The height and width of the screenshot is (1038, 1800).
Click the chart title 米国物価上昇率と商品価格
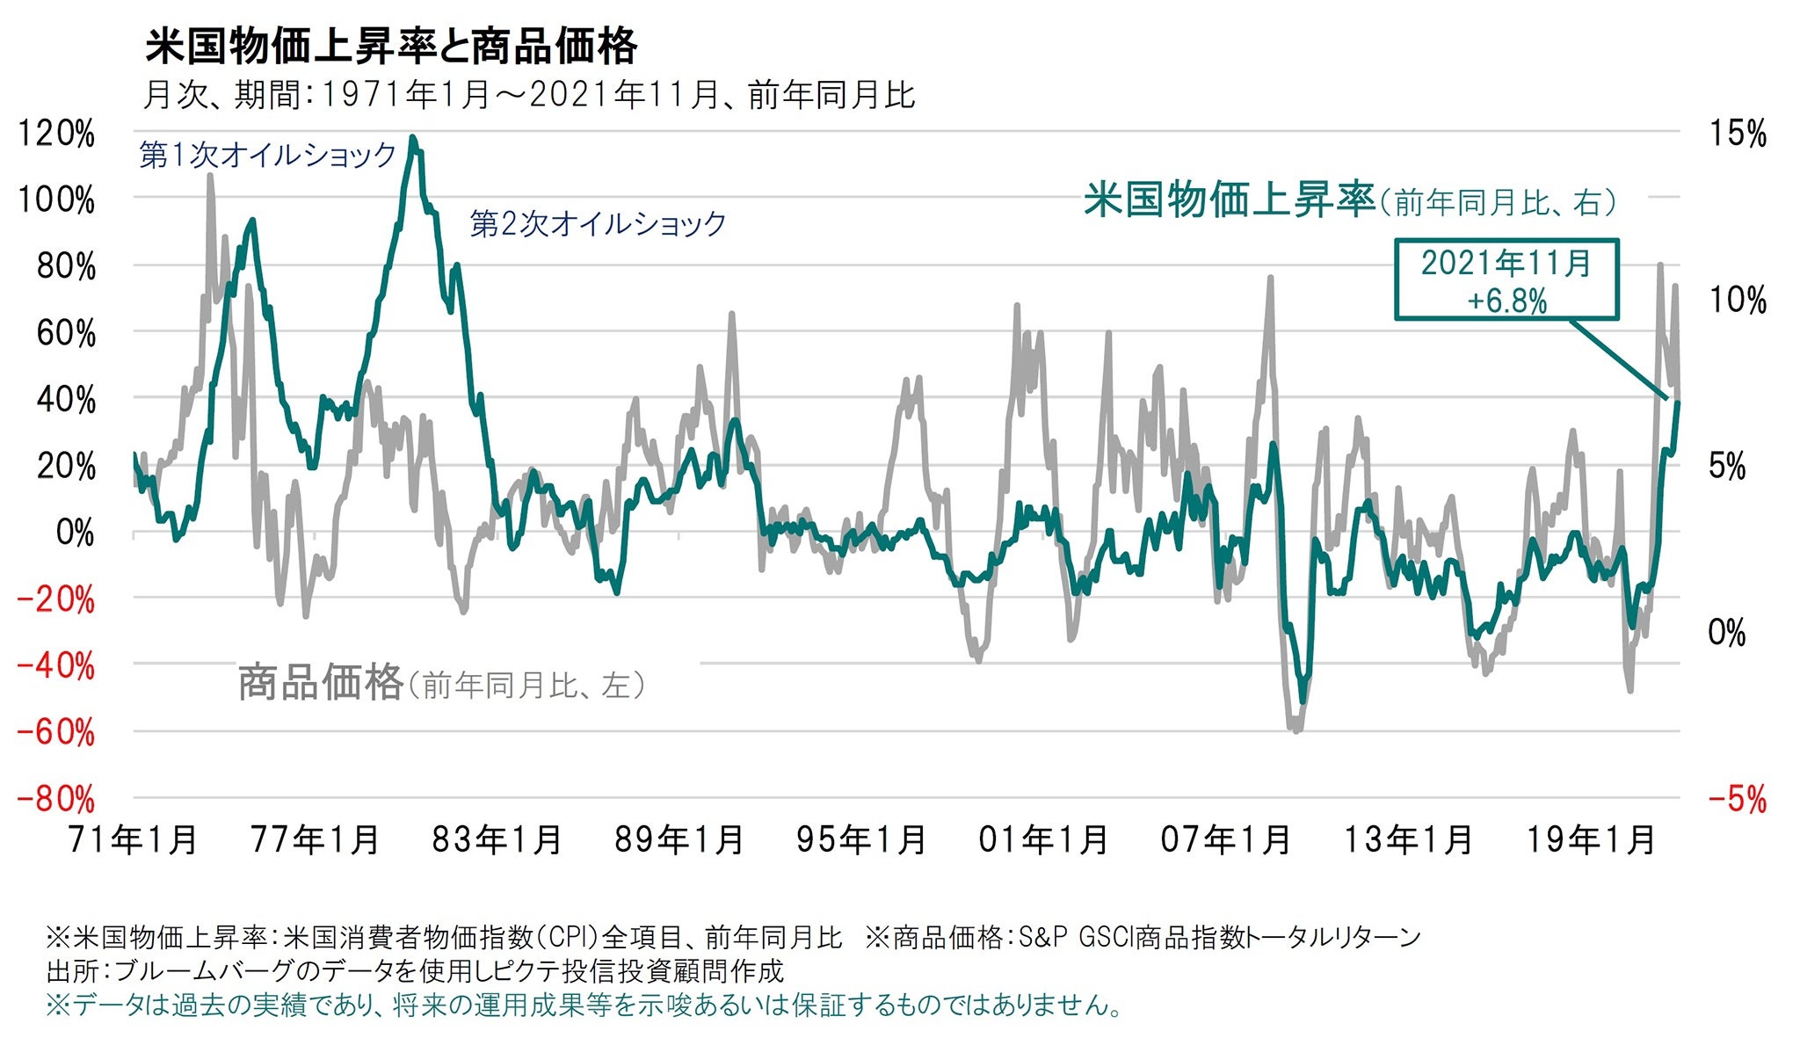(390, 47)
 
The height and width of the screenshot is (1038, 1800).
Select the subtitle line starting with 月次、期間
(529, 95)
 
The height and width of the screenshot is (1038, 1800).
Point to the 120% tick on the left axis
(56, 134)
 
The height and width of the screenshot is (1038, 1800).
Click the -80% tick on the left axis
(56, 800)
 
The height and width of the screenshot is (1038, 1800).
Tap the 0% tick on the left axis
(75, 533)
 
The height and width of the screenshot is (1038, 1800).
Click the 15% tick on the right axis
(1737, 134)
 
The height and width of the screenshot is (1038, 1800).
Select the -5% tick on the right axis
(1737, 800)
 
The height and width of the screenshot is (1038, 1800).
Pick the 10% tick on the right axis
(1737, 301)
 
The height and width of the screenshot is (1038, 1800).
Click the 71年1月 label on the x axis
(134, 840)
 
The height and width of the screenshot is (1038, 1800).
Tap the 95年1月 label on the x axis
(861, 840)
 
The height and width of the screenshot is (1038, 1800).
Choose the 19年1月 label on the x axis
(1590, 840)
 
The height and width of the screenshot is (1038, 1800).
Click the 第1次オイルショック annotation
(268, 156)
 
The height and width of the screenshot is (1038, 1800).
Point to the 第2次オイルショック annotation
(598, 224)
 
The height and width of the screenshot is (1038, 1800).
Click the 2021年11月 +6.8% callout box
(1506, 280)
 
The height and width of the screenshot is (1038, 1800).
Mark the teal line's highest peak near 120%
(413, 139)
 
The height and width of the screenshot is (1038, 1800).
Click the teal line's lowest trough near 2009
(1303, 700)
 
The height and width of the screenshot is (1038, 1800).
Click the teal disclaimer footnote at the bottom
(584, 1005)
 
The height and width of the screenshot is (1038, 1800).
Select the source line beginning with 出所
(414, 971)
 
